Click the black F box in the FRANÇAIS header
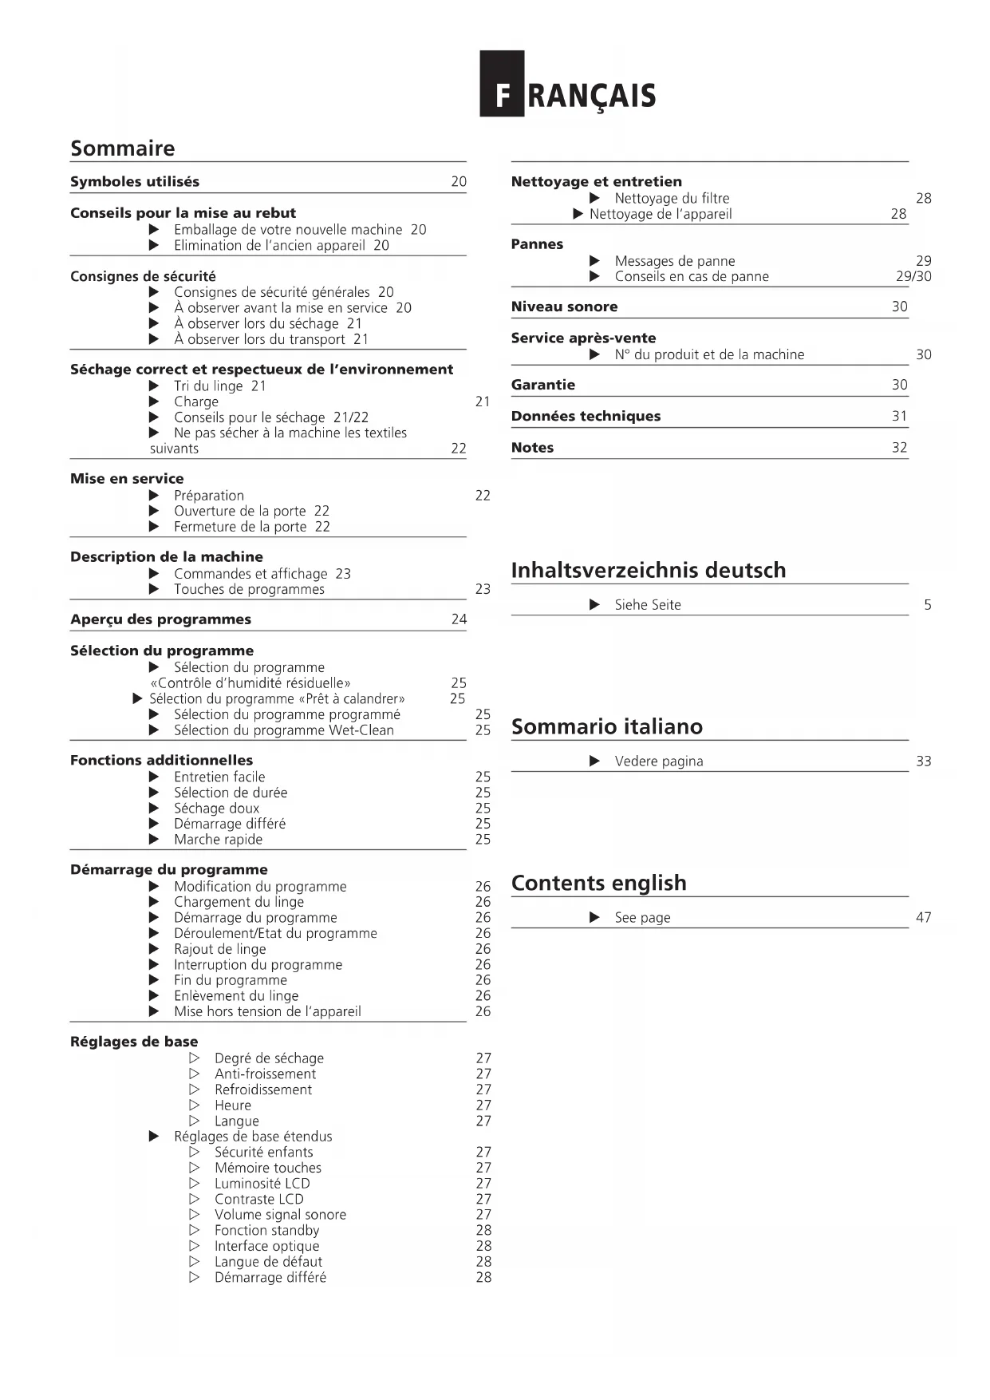[501, 84]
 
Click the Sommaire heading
[122, 148]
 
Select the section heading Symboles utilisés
[135, 182]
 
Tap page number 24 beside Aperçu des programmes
[459, 619]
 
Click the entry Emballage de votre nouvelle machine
[288, 230]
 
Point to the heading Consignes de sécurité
[143, 276]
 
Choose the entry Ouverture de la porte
[240, 511]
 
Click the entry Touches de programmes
[249, 589]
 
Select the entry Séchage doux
[216, 808]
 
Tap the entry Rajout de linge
[220, 949]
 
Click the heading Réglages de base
[134, 1042]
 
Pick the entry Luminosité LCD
[262, 1183]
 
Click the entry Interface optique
[266, 1246]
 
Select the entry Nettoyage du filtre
[672, 198]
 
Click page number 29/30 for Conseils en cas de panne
[913, 276]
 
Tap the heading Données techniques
[586, 416]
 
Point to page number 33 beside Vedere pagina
[923, 761]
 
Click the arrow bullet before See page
[594, 917]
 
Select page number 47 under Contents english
[923, 917]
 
